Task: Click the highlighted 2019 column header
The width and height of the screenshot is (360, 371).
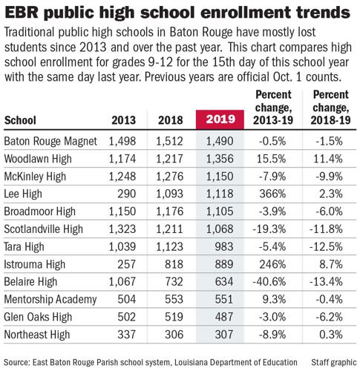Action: [220, 120]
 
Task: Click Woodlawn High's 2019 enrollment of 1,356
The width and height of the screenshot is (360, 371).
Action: [220, 158]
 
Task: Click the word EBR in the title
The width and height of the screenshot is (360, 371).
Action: [23, 13]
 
